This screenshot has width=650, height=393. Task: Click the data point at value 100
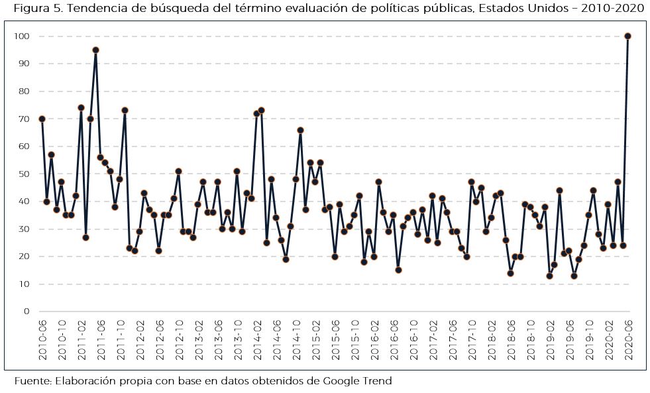(627, 36)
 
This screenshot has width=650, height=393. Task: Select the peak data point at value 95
(95, 50)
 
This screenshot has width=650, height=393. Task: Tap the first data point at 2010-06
(42, 119)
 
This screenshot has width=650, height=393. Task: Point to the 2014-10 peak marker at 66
(300, 130)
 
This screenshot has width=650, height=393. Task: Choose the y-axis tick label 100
(23, 36)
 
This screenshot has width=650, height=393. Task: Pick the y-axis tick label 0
(27, 311)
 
